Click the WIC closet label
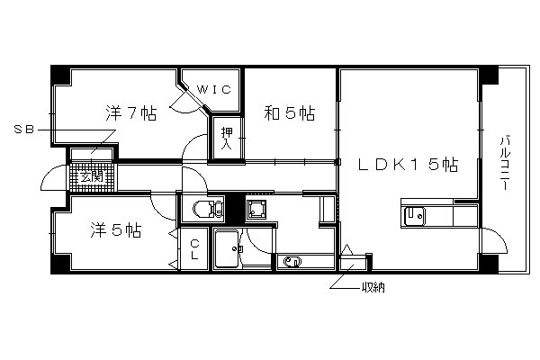pyautogui.click(x=213, y=90)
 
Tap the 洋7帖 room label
pyautogui.click(x=130, y=113)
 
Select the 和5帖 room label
pyautogui.click(x=289, y=113)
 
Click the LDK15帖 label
pyautogui.click(x=408, y=165)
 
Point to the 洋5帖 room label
pyautogui.click(x=116, y=229)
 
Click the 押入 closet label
pyautogui.click(x=227, y=138)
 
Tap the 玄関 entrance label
pyautogui.click(x=91, y=177)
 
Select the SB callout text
pyautogui.click(x=24, y=130)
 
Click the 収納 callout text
pyautogui.click(x=373, y=287)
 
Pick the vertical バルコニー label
pyautogui.click(x=505, y=163)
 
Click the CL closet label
pyautogui.click(x=194, y=249)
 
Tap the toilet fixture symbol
pyautogui.click(x=208, y=209)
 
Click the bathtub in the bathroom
pyautogui.click(x=228, y=248)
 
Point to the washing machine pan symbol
pyautogui.click(x=256, y=208)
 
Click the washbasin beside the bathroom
pyautogui.click(x=292, y=262)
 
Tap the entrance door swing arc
pyautogui.click(x=49, y=172)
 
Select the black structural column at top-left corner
pyautogui.click(x=60, y=75)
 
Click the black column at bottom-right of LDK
pyautogui.click(x=489, y=263)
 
